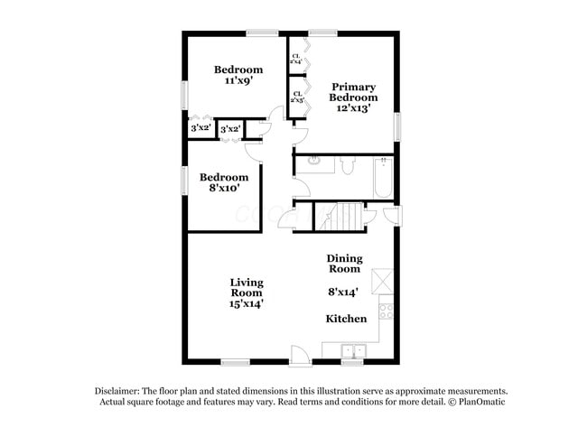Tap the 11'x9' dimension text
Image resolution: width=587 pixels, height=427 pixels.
[238, 80]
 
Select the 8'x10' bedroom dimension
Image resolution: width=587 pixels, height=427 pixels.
[224, 189]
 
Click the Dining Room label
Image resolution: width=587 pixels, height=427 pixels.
[343, 263]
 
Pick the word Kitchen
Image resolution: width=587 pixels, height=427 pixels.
[346, 319]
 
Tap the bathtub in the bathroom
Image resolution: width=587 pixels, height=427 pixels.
[383, 178]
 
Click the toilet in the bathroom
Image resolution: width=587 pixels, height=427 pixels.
[348, 165]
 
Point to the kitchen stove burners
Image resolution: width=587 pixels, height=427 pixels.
[387, 311]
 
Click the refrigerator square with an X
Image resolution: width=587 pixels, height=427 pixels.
[387, 281]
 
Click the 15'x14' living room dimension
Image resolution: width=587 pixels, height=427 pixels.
[246, 304]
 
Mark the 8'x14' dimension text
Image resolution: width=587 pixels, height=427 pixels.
[343, 292]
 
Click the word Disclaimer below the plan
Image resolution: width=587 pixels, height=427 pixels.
[121, 390]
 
